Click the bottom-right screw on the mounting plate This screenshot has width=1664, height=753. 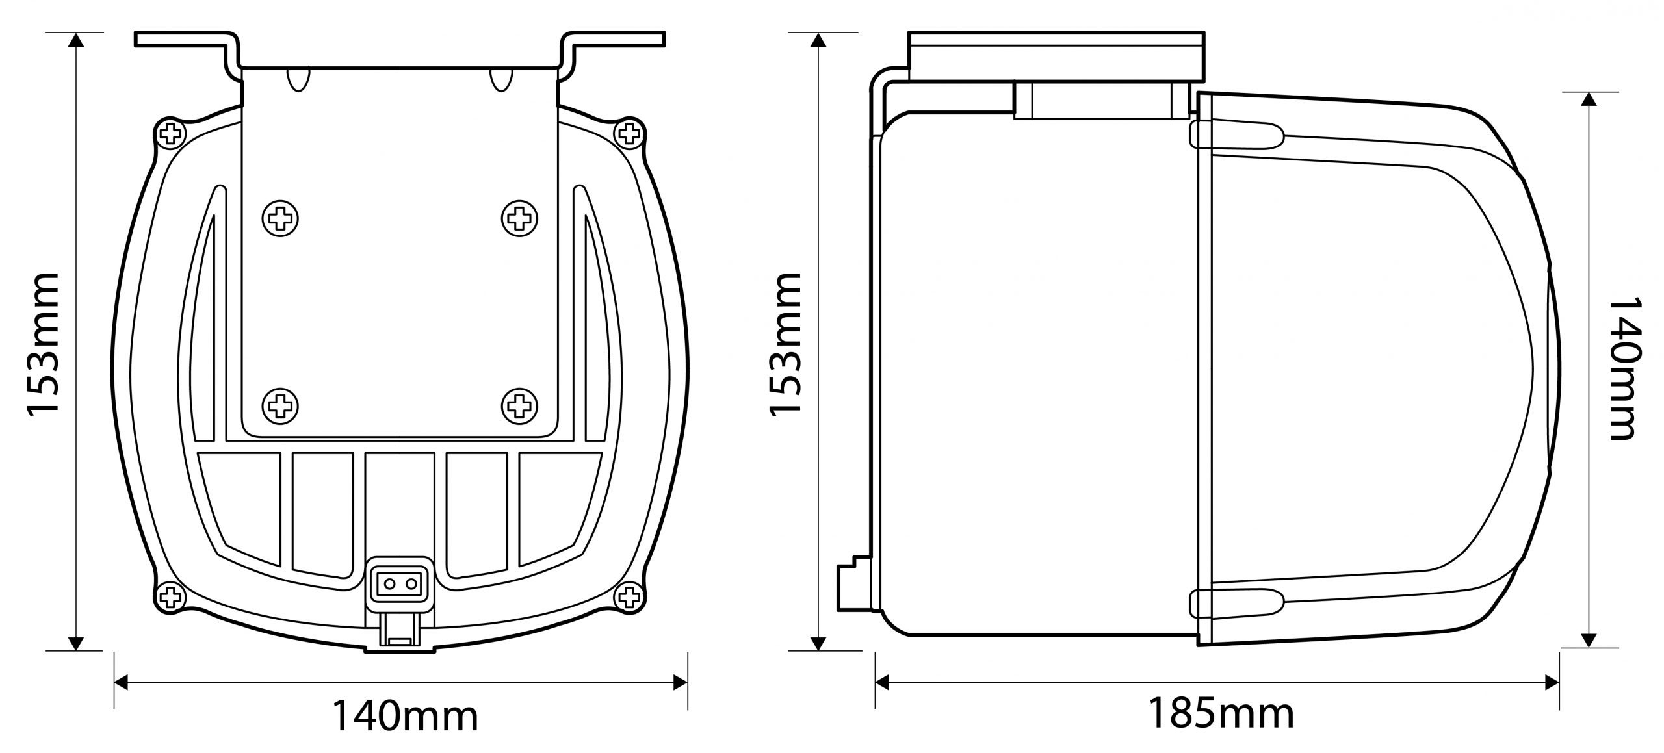coord(519,407)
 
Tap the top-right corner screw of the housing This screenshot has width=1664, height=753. coord(628,134)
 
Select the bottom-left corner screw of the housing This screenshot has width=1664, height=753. coord(171,594)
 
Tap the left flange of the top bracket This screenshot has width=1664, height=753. coord(182,39)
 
